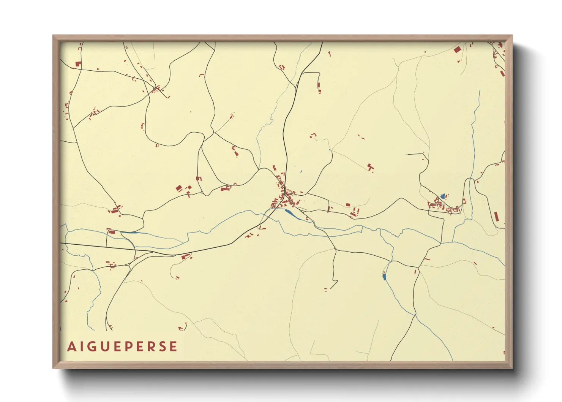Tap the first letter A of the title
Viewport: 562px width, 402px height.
tap(71, 347)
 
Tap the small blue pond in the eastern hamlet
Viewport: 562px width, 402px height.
tap(442, 196)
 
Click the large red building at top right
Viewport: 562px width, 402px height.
tap(457, 50)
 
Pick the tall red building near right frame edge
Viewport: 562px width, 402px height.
tap(496, 217)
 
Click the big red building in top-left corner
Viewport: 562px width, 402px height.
tap(78, 64)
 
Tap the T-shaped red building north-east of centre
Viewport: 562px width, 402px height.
tap(370, 166)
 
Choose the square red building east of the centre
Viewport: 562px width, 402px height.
tap(348, 205)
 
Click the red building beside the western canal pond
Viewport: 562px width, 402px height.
tap(111, 231)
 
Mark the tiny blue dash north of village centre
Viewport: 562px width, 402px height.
tap(301, 172)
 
